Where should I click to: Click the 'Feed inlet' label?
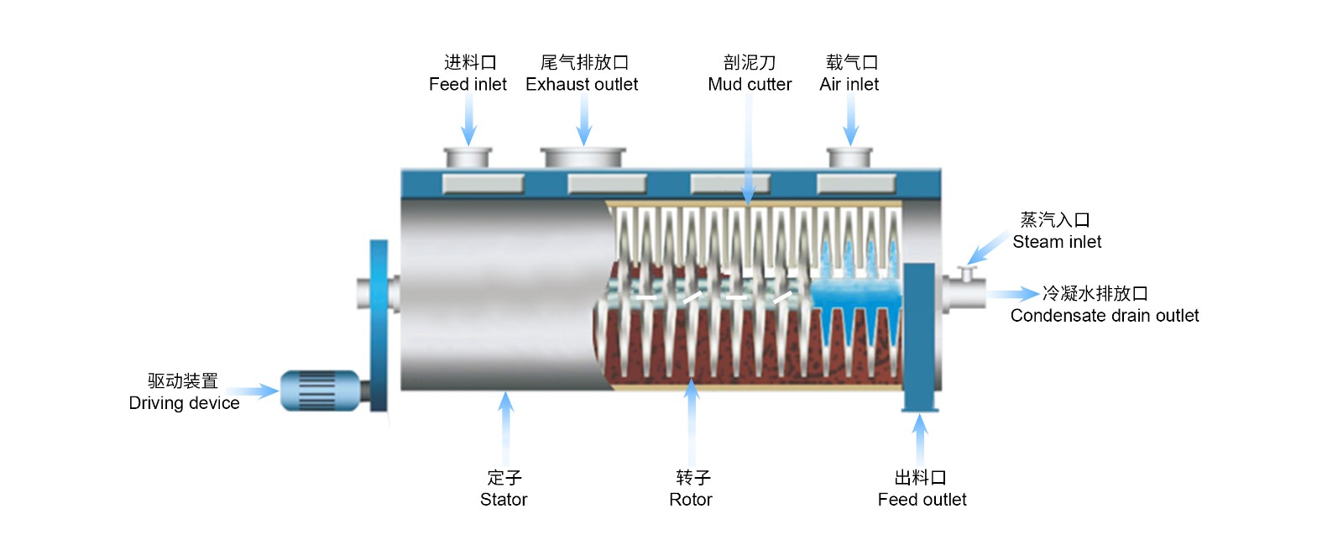pyautogui.click(x=468, y=84)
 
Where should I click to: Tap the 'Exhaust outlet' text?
pyautogui.click(x=582, y=84)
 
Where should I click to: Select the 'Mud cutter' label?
pyautogui.click(x=750, y=84)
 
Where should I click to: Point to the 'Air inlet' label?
pyautogui.click(x=849, y=84)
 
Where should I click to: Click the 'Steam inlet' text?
pyautogui.click(x=1057, y=242)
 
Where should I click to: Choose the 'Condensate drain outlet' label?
pyautogui.click(x=1105, y=316)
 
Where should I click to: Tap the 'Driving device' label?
pyautogui.click(x=184, y=403)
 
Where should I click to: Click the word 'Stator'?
pyautogui.click(x=504, y=500)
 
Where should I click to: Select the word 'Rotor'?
pyautogui.click(x=691, y=500)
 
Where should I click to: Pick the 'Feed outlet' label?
pyautogui.click(x=922, y=500)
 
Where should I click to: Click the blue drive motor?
pyautogui.click(x=320, y=391)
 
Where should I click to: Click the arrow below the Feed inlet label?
pyautogui.click(x=469, y=122)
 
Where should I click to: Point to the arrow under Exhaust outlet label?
pyautogui.click(x=584, y=122)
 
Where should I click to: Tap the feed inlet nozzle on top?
pyautogui.click(x=468, y=157)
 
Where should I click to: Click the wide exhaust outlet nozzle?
pyautogui.click(x=583, y=157)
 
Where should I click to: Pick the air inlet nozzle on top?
pyautogui.click(x=849, y=157)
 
